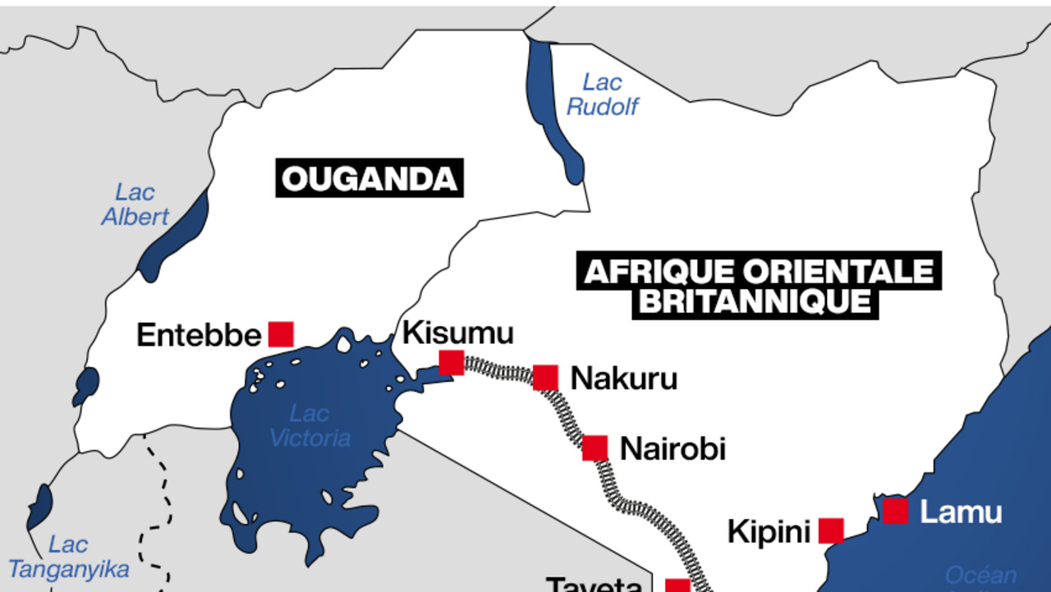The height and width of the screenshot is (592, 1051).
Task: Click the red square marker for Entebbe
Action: [x=281, y=334]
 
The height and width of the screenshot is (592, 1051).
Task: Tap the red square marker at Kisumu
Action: [x=451, y=362]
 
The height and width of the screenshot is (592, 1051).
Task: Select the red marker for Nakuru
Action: [x=545, y=378]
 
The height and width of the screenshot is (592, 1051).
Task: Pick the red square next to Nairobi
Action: [x=595, y=448]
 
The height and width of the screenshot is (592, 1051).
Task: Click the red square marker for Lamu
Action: [x=895, y=511]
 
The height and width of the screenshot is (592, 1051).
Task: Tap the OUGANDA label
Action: [x=369, y=179]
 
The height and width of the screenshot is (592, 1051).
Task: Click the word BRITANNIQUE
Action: [x=755, y=301]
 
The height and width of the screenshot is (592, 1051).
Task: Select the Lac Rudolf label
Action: [x=602, y=94]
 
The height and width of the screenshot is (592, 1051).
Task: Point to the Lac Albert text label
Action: [x=135, y=204]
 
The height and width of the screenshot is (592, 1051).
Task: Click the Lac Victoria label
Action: [x=310, y=426]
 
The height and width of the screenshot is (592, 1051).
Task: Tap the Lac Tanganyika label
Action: [x=69, y=557]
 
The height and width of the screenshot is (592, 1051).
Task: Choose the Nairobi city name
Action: [x=672, y=449]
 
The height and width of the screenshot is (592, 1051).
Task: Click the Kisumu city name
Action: [x=457, y=333]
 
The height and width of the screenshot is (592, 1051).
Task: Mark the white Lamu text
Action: [x=961, y=512]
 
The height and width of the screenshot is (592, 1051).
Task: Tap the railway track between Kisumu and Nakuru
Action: [x=498, y=369]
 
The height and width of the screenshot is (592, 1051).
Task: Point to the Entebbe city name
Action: [x=199, y=335]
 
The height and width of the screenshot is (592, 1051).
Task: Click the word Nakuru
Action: [x=623, y=379]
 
